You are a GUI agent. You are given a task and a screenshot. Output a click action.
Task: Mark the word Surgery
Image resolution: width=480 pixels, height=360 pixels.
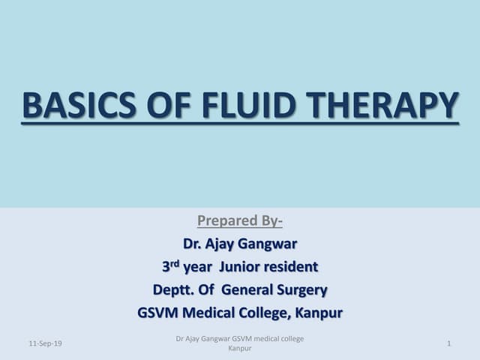[304, 289]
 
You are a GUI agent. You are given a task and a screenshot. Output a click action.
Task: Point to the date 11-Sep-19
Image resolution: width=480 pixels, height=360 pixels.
[46, 343]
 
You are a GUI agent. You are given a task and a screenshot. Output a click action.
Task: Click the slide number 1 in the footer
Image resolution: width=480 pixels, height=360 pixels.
[448, 343]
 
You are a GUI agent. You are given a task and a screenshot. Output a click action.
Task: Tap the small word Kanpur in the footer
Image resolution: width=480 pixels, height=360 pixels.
[239, 349]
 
